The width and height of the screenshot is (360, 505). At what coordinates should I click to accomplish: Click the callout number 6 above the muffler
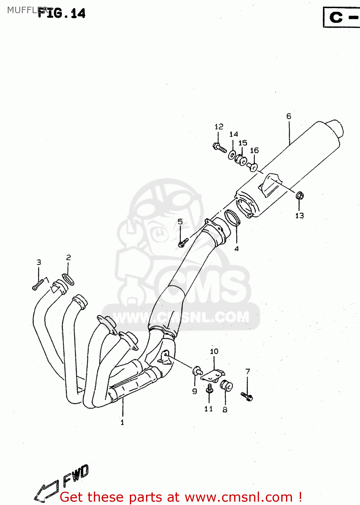[289, 116]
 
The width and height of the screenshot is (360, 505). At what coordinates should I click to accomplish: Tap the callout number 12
[219, 127]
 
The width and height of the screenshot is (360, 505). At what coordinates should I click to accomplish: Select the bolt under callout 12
[220, 147]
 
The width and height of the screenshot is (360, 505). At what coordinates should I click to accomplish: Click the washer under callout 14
[232, 155]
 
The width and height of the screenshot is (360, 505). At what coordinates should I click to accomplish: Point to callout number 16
[254, 150]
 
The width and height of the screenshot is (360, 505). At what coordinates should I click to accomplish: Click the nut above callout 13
[299, 195]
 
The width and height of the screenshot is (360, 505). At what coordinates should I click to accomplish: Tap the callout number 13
[299, 215]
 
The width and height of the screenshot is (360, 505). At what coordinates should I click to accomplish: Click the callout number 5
[180, 222]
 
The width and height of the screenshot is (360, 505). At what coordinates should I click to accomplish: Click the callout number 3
[39, 262]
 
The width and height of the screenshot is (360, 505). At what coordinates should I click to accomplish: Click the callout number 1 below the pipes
[122, 422]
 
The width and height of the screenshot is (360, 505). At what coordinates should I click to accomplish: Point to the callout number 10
[214, 351]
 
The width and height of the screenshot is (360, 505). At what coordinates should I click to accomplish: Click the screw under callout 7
[247, 396]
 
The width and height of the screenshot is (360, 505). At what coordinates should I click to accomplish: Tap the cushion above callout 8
[226, 386]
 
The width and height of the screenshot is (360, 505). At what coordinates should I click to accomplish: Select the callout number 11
[209, 409]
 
